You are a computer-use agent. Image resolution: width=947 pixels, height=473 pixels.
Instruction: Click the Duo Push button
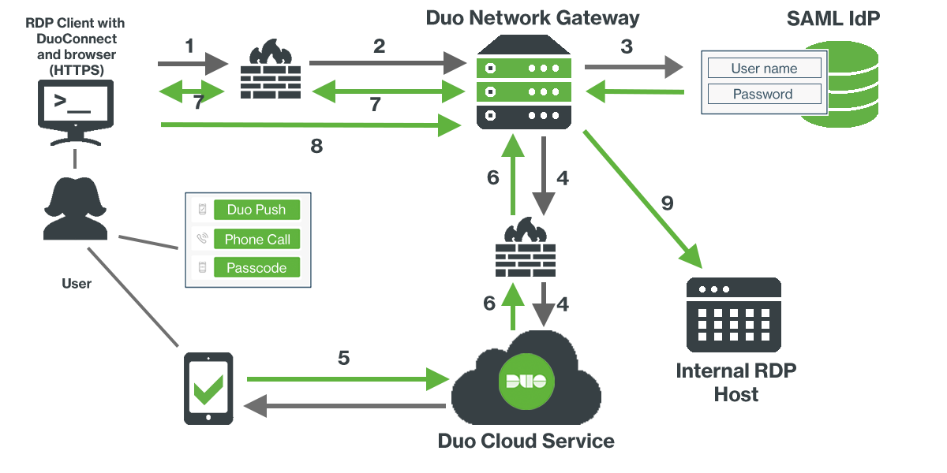256,210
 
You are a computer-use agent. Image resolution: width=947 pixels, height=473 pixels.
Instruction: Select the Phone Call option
256,239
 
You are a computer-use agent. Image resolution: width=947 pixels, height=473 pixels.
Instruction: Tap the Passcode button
256,268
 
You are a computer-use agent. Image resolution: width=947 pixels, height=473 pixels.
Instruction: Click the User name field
764,69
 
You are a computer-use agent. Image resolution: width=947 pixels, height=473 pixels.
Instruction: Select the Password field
764,94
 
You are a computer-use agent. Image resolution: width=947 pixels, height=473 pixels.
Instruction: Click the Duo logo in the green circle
526,382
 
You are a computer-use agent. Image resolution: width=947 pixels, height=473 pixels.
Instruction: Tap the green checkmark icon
208,389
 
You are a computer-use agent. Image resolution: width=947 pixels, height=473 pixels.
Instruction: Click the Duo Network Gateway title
533,18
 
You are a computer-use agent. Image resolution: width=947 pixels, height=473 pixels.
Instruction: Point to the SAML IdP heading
833,19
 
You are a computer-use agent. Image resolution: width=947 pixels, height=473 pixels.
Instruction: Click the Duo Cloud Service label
526,441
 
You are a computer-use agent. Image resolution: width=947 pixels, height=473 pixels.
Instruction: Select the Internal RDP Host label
736,382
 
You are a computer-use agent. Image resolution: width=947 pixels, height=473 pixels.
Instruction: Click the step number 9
667,203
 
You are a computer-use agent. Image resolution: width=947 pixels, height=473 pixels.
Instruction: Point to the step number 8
316,147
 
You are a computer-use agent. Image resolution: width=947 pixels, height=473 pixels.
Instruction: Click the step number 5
343,357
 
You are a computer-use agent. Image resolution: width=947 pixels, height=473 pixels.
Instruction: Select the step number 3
627,47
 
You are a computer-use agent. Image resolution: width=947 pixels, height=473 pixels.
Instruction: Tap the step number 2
379,46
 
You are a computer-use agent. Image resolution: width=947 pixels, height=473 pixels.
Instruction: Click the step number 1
189,46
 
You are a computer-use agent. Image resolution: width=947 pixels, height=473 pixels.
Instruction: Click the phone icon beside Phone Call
202,239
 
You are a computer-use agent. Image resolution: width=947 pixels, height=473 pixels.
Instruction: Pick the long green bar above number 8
311,125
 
